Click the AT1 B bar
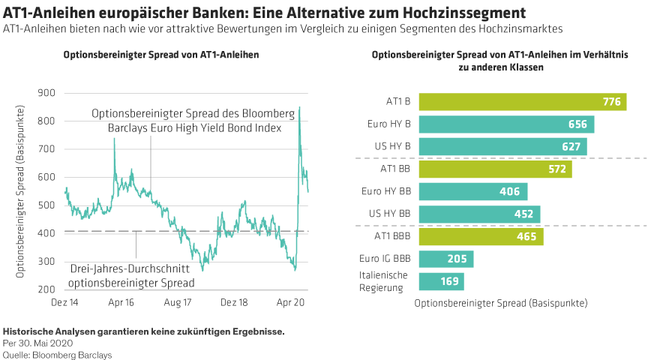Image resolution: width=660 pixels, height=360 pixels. (522, 102)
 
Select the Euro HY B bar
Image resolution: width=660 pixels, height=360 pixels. (506, 124)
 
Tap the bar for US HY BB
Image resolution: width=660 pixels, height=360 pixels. (479, 214)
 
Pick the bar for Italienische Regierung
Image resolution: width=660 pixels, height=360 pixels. (441, 282)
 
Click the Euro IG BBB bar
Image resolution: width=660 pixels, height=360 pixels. (445, 259)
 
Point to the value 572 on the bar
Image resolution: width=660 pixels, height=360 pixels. (556, 169)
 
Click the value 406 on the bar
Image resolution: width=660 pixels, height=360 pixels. (509, 192)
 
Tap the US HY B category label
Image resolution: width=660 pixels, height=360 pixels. (392, 146)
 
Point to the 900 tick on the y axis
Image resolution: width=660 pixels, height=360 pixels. (46, 93)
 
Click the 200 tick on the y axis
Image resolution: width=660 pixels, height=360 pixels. (46, 289)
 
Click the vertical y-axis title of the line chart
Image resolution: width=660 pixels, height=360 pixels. (20, 190)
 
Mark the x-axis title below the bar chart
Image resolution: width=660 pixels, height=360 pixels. (501, 304)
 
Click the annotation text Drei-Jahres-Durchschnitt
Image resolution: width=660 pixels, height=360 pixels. (129, 269)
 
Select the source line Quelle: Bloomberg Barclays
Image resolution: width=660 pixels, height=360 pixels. (58, 354)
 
